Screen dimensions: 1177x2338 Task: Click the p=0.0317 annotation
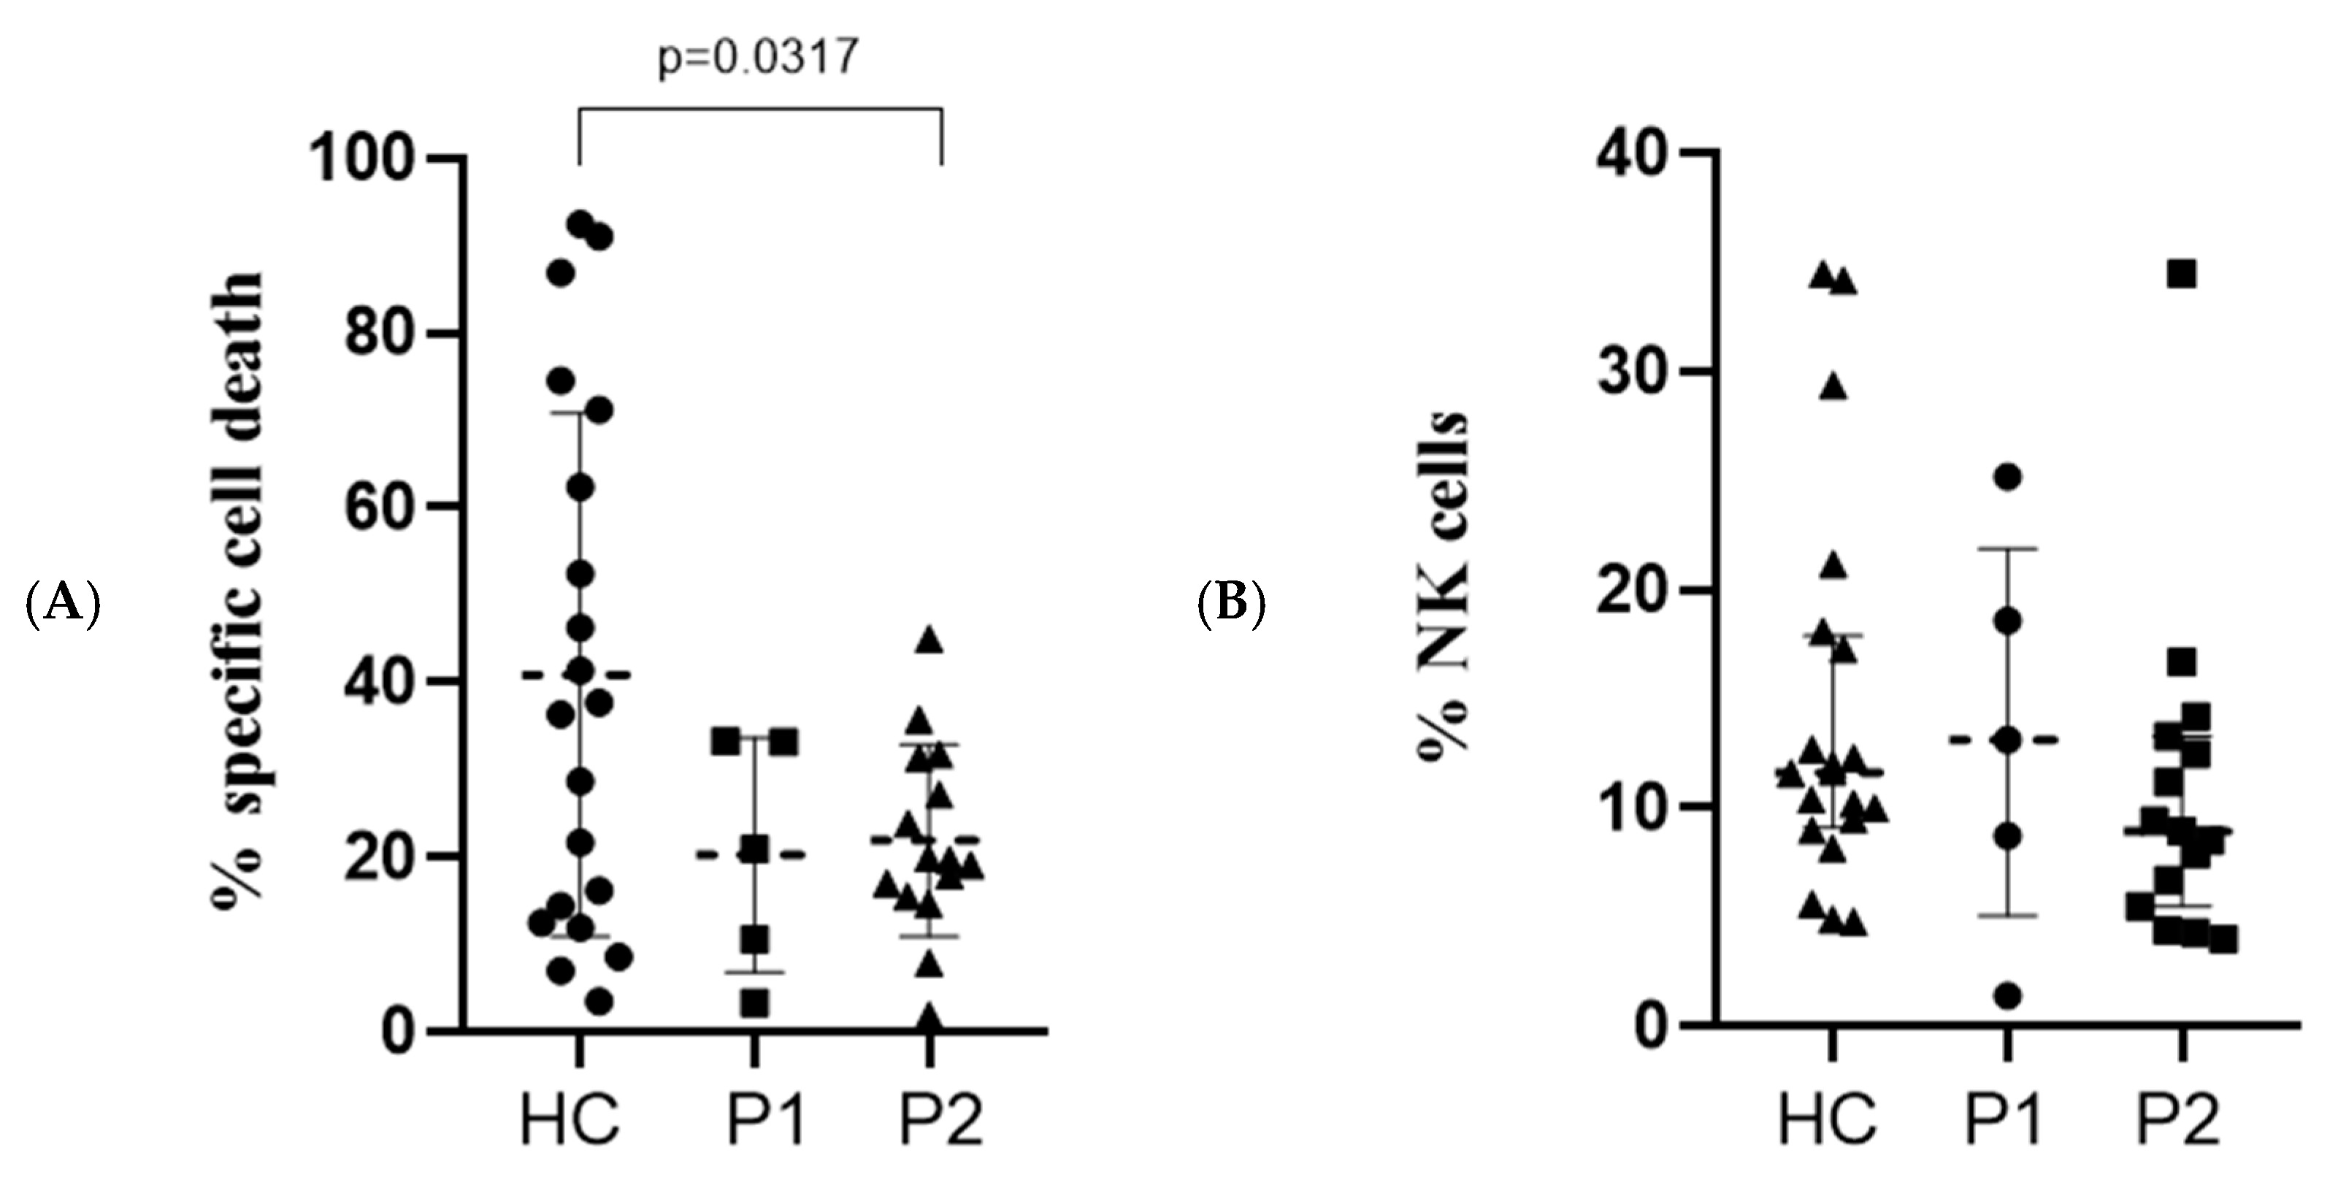tap(757, 59)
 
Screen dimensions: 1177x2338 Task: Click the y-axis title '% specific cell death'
tap(239, 586)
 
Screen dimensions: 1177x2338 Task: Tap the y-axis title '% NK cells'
tap(1443, 580)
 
